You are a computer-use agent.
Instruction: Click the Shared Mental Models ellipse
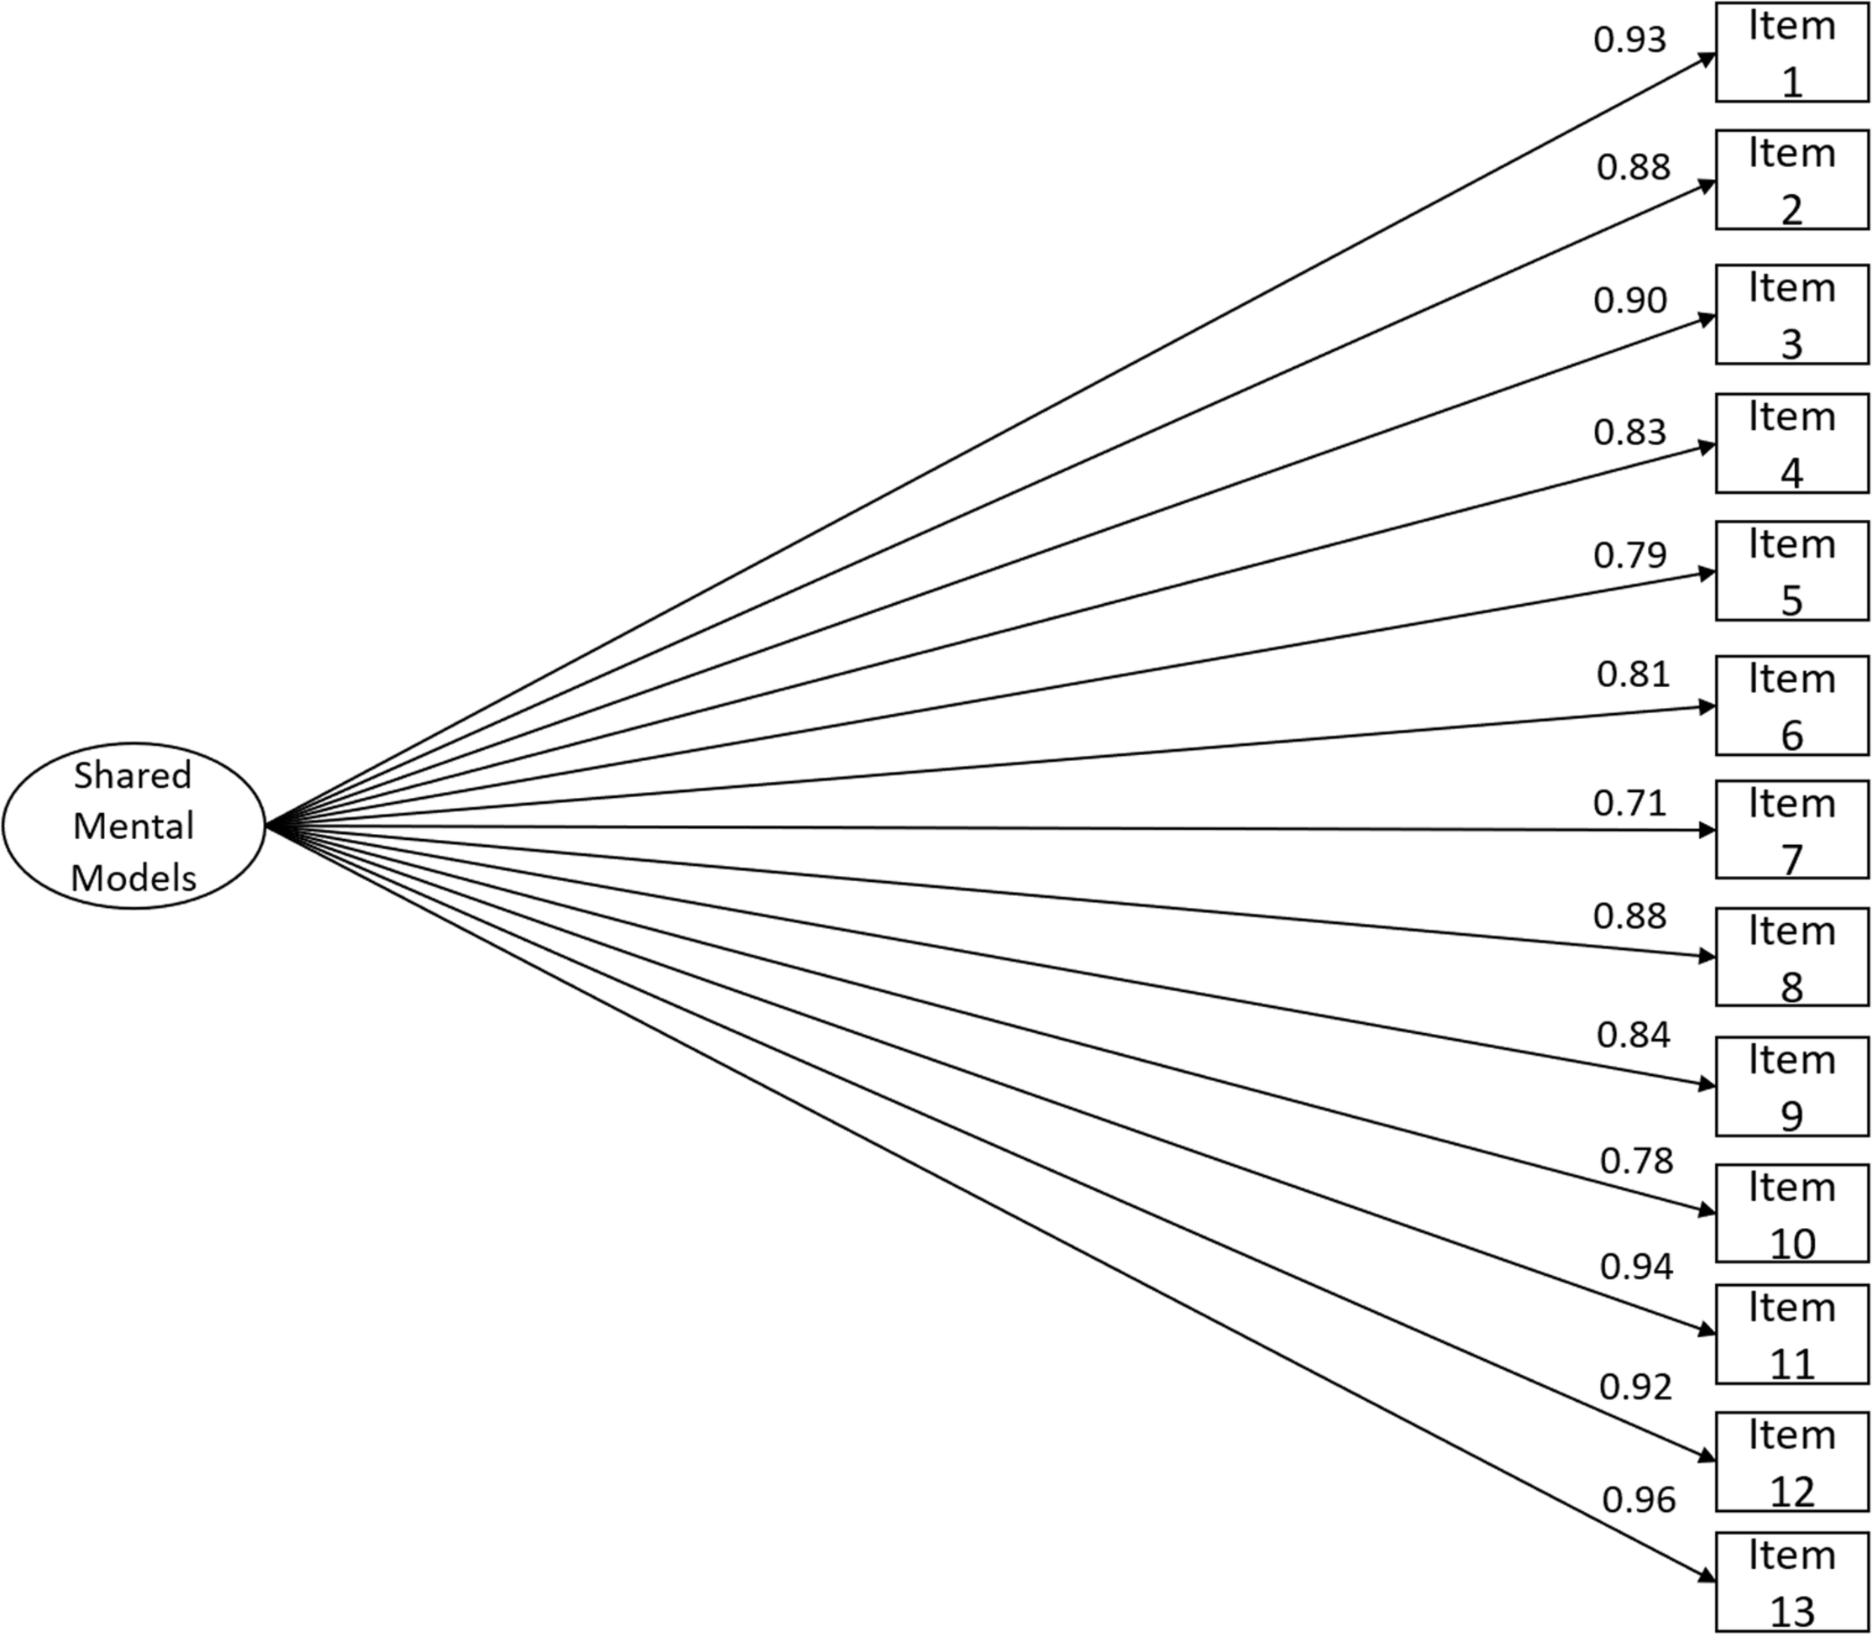tap(133, 825)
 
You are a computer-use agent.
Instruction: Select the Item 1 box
tap(1791, 52)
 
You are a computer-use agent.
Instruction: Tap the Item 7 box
tap(1791, 829)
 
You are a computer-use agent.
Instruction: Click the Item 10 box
tap(1791, 1213)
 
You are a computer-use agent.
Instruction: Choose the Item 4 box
tap(1791, 443)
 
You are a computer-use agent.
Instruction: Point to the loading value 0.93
tap(1630, 39)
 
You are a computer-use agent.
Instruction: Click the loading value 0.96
tap(1639, 1500)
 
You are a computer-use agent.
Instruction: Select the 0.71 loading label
tap(1630, 803)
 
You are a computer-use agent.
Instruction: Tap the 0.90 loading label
tap(1630, 300)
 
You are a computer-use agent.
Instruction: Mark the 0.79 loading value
tap(1630, 554)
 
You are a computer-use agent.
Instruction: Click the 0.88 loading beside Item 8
tap(1630, 916)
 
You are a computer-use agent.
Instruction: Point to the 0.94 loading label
tap(1636, 1266)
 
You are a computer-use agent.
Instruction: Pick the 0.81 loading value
tap(1633, 674)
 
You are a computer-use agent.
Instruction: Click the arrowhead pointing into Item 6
tap(1706, 706)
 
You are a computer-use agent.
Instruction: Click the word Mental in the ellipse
tap(133, 826)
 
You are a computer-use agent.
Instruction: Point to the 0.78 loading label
tap(1636, 1161)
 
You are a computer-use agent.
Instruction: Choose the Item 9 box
tap(1791, 1086)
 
